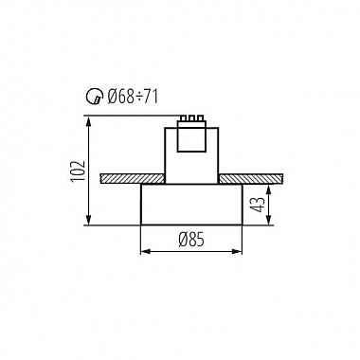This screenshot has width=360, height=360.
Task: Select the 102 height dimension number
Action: click(x=79, y=171)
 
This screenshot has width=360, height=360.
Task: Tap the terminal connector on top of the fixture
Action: click(x=193, y=119)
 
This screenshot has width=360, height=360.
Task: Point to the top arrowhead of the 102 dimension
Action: click(x=89, y=119)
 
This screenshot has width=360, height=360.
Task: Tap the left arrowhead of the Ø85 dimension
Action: click(x=145, y=252)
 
